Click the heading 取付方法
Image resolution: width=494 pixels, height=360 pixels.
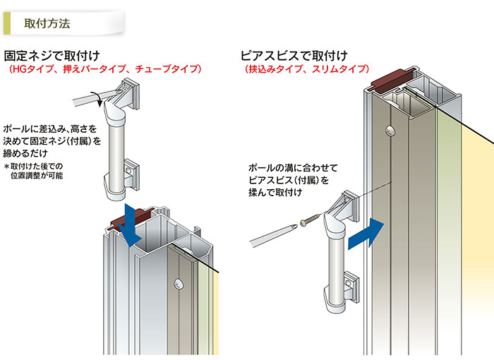tap(47, 23)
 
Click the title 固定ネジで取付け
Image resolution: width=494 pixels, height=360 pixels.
tap(52, 56)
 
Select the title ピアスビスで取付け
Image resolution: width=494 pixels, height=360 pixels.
tap(294, 56)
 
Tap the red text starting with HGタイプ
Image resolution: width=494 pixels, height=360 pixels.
tap(105, 69)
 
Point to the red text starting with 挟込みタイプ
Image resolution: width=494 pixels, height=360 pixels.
tap(307, 69)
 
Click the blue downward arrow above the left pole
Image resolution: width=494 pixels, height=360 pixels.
tap(130, 225)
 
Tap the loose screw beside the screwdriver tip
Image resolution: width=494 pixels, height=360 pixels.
tap(310, 220)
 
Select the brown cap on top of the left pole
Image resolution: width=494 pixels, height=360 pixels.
tap(131, 219)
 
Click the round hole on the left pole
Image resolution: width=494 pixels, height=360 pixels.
tap(179, 283)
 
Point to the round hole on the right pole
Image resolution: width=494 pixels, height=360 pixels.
tap(391, 130)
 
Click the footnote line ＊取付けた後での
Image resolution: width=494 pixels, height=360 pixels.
tap(33, 166)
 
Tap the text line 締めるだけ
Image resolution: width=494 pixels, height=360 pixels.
tap(25, 153)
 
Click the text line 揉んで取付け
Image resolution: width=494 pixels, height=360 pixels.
tap(276, 192)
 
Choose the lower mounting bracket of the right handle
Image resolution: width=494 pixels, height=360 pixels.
tap(351, 287)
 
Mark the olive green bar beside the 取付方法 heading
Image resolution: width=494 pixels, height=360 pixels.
tap(7, 23)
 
